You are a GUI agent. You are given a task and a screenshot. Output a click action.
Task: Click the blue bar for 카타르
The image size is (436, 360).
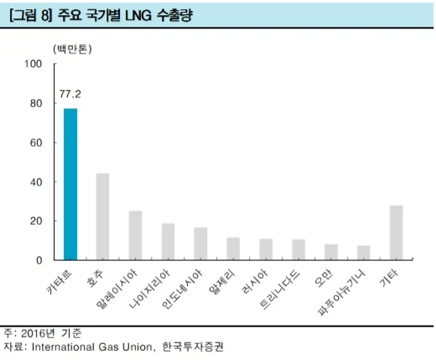(70, 185)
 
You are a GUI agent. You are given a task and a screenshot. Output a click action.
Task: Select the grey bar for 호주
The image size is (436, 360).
(103, 217)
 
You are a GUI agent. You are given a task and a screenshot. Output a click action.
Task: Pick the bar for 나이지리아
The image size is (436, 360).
(168, 242)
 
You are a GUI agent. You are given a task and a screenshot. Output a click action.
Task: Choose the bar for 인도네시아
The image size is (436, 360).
(200, 244)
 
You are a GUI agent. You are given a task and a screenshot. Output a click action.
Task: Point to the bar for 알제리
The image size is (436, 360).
(233, 249)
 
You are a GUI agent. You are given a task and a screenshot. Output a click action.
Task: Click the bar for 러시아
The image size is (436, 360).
(266, 250)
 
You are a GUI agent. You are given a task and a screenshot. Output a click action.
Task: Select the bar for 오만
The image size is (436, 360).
(331, 253)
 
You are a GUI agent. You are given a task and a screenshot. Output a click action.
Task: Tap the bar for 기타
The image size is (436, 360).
(397, 232)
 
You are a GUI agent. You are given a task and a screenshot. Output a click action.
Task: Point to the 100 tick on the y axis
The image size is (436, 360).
(34, 65)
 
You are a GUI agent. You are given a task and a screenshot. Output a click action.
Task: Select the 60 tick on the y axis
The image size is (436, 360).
(36, 143)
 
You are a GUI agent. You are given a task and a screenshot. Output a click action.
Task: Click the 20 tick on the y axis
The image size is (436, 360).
(36, 221)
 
